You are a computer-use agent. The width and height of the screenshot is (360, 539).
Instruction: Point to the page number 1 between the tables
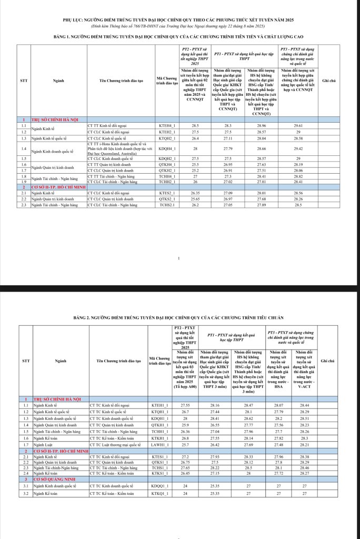pyautogui.click(x=180, y=258)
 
